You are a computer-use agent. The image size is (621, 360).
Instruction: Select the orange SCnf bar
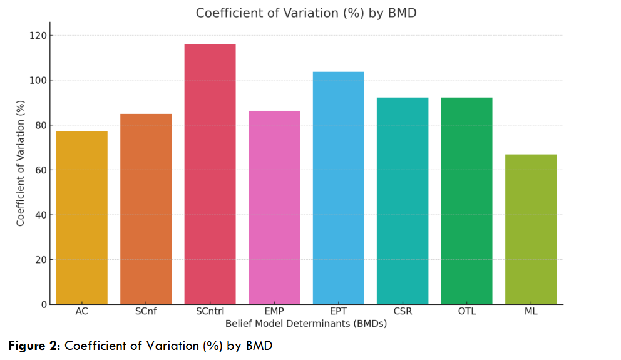[146, 209]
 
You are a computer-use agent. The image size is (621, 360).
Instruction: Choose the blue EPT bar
[338, 188]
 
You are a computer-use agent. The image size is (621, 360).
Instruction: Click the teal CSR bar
[403, 201]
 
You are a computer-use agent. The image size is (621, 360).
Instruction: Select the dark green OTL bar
[466, 201]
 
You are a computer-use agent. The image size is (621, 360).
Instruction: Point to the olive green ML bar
[531, 229]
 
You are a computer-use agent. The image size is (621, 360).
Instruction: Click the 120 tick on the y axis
[39, 36]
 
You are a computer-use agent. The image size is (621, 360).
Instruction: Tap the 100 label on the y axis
[39, 81]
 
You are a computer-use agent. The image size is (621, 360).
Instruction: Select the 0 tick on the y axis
[44, 305]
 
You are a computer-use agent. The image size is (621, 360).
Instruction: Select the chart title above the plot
[305, 13]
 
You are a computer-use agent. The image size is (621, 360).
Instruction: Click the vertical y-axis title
[21, 163]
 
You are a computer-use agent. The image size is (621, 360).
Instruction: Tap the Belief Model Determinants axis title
[305, 324]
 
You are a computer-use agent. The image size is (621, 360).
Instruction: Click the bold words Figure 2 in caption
[34, 346]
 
